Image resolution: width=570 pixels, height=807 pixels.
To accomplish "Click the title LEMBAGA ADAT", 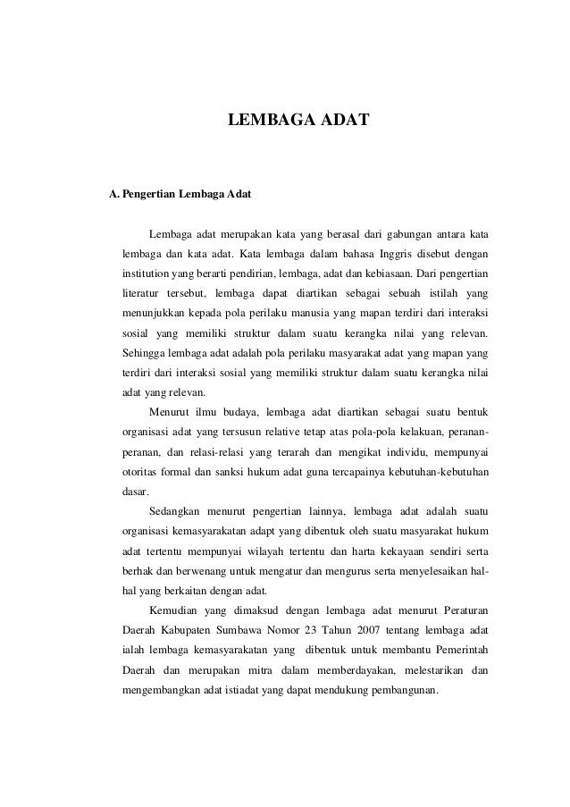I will pyautogui.click(x=294, y=119).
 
